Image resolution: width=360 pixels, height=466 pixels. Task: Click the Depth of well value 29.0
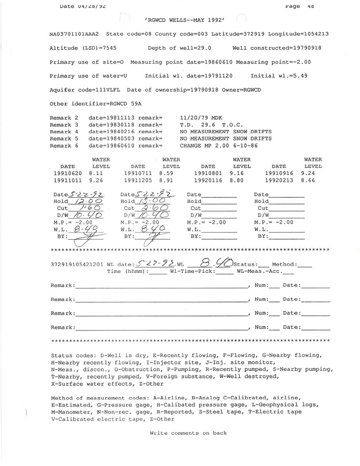(203, 48)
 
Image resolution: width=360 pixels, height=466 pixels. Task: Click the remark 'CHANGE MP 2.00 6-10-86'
(217, 146)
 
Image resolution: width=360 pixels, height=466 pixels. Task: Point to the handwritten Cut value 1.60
(90, 208)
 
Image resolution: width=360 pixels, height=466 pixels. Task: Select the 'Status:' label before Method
(244, 264)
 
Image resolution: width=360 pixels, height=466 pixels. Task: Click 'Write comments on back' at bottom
(188, 433)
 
